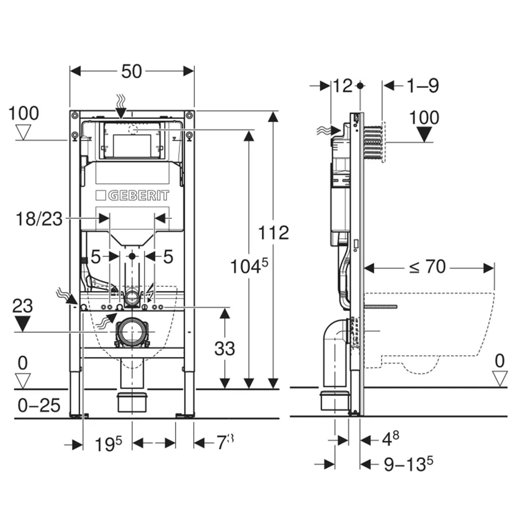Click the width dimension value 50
[x=131, y=71]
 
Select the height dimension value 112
[x=274, y=232]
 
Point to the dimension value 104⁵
[x=247, y=266]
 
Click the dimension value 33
[x=225, y=348]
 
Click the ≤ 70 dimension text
[x=427, y=267]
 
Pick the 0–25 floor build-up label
[x=38, y=406]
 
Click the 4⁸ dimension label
[x=391, y=439]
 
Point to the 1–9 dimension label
[x=423, y=85]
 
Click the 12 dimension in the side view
[x=344, y=85]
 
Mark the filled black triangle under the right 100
[x=424, y=134]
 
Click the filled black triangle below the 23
[x=23, y=322]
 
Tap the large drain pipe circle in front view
[x=131, y=332]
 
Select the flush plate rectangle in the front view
[x=131, y=140]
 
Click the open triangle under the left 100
[x=23, y=131]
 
